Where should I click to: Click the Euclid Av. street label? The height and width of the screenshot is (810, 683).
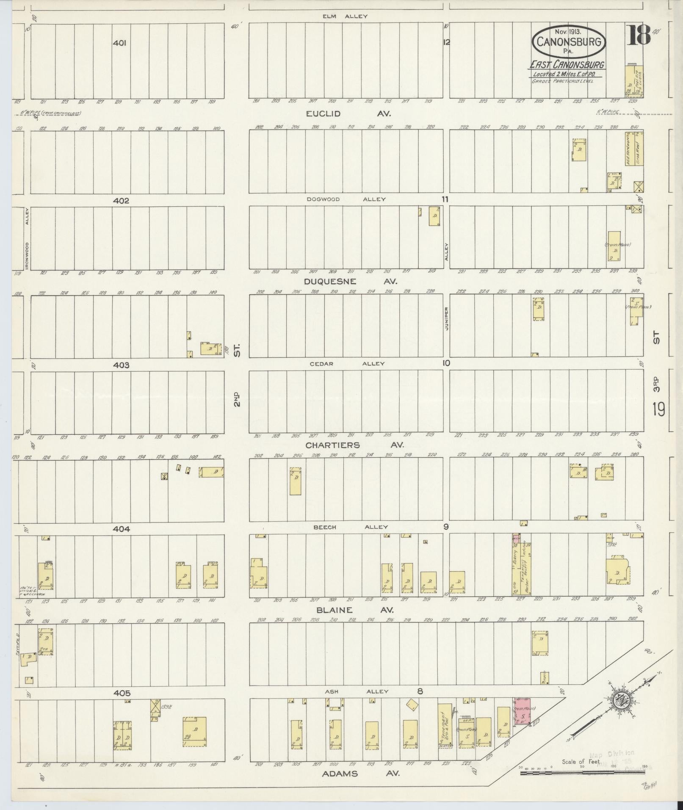click(x=348, y=114)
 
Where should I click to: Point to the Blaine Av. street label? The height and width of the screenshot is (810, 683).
click(x=354, y=610)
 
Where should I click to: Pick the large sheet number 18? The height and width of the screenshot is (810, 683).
click(x=638, y=36)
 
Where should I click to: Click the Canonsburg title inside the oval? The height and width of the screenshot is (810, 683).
click(x=569, y=41)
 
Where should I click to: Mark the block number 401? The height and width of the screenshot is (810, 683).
click(x=120, y=43)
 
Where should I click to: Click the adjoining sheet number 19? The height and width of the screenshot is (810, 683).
click(x=658, y=409)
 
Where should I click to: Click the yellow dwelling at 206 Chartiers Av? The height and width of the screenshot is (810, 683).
click(x=296, y=481)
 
